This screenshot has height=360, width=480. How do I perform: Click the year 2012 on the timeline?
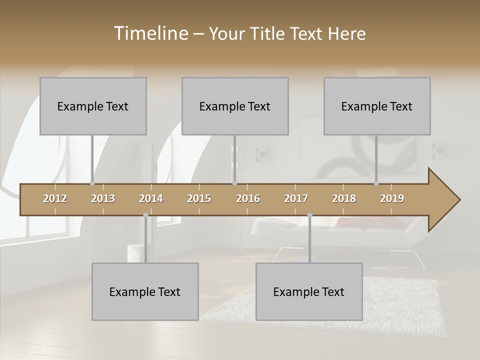tap(55, 198)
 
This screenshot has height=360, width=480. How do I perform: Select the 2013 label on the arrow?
tap(103, 198)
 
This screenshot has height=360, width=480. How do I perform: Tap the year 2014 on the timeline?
tap(151, 198)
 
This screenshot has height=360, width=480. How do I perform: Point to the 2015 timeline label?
tap(199, 198)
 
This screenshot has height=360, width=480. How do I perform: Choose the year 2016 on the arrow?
tap(248, 198)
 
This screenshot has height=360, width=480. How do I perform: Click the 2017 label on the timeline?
tap(296, 198)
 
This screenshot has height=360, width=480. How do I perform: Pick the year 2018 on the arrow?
tap(344, 198)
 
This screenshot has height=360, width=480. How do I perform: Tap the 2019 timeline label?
tap(392, 198)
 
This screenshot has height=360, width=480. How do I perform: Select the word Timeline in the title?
tap(150, 33)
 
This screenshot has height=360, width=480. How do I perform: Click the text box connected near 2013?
tap(93, 106)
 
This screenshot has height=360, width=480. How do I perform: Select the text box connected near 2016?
tap(235, 106)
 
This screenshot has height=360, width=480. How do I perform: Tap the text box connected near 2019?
tap(377, 106)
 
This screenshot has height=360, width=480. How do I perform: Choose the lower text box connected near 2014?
tap(145, 291)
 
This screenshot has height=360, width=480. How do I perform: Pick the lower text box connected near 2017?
tap(309, 291)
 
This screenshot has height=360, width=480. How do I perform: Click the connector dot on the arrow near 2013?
tap(92, 183)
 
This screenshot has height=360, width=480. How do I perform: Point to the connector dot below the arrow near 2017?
tap(309, 215)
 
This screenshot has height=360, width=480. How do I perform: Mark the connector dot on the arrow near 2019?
tap(376, 183)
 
